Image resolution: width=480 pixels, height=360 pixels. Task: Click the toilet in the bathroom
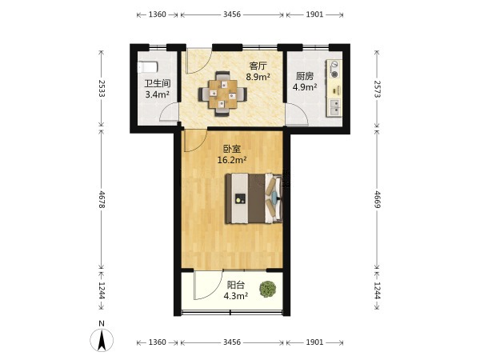tap(147, 67)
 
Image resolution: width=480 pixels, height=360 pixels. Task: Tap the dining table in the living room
tap(223, 94)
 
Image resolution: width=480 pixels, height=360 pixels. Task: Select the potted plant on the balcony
tap(268, 289)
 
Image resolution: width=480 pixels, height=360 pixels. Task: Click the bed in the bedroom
tap(254, 198)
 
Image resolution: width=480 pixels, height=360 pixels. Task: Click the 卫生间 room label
tap(158, 83)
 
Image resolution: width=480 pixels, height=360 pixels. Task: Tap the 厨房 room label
tap(305, 76)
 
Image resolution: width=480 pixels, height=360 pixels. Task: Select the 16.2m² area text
tap(232, 160)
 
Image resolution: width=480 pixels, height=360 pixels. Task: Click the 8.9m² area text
tap(258, 77)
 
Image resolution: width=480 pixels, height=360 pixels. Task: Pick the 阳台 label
tap(236, 285)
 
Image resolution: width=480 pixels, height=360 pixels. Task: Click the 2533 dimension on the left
tap(102, 89)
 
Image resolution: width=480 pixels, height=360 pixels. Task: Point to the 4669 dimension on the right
tap(378, 199)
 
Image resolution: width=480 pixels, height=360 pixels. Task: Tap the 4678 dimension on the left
tap(102, 199)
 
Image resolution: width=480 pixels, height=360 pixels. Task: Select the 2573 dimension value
tap(378, 89)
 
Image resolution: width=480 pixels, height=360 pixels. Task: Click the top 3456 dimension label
tap(232, 14)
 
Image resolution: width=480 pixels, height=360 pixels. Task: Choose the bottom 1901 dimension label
tap(314, 342)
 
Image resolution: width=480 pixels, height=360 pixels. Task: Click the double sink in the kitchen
tap(335, 107)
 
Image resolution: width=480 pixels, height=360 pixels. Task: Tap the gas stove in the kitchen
tap(335, 69)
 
